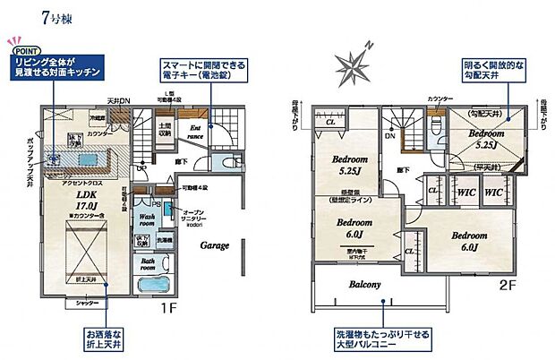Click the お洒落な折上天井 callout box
click(105, 338)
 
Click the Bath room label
click(147, 266)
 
